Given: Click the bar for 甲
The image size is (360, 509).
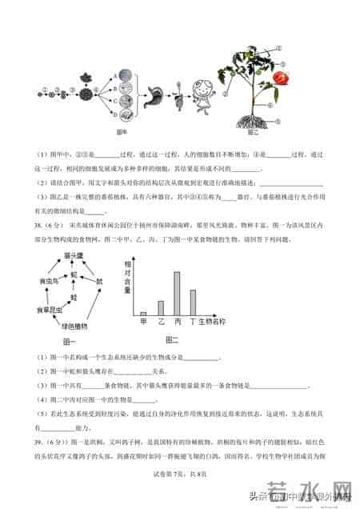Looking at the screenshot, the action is [143, 315].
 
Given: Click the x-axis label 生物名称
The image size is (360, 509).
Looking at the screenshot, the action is [213, 323].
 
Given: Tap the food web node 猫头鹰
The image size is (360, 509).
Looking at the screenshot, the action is [74, 254].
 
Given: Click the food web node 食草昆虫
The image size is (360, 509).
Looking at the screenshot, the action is [46, 308].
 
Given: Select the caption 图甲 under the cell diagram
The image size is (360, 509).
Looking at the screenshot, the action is [123, 130].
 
